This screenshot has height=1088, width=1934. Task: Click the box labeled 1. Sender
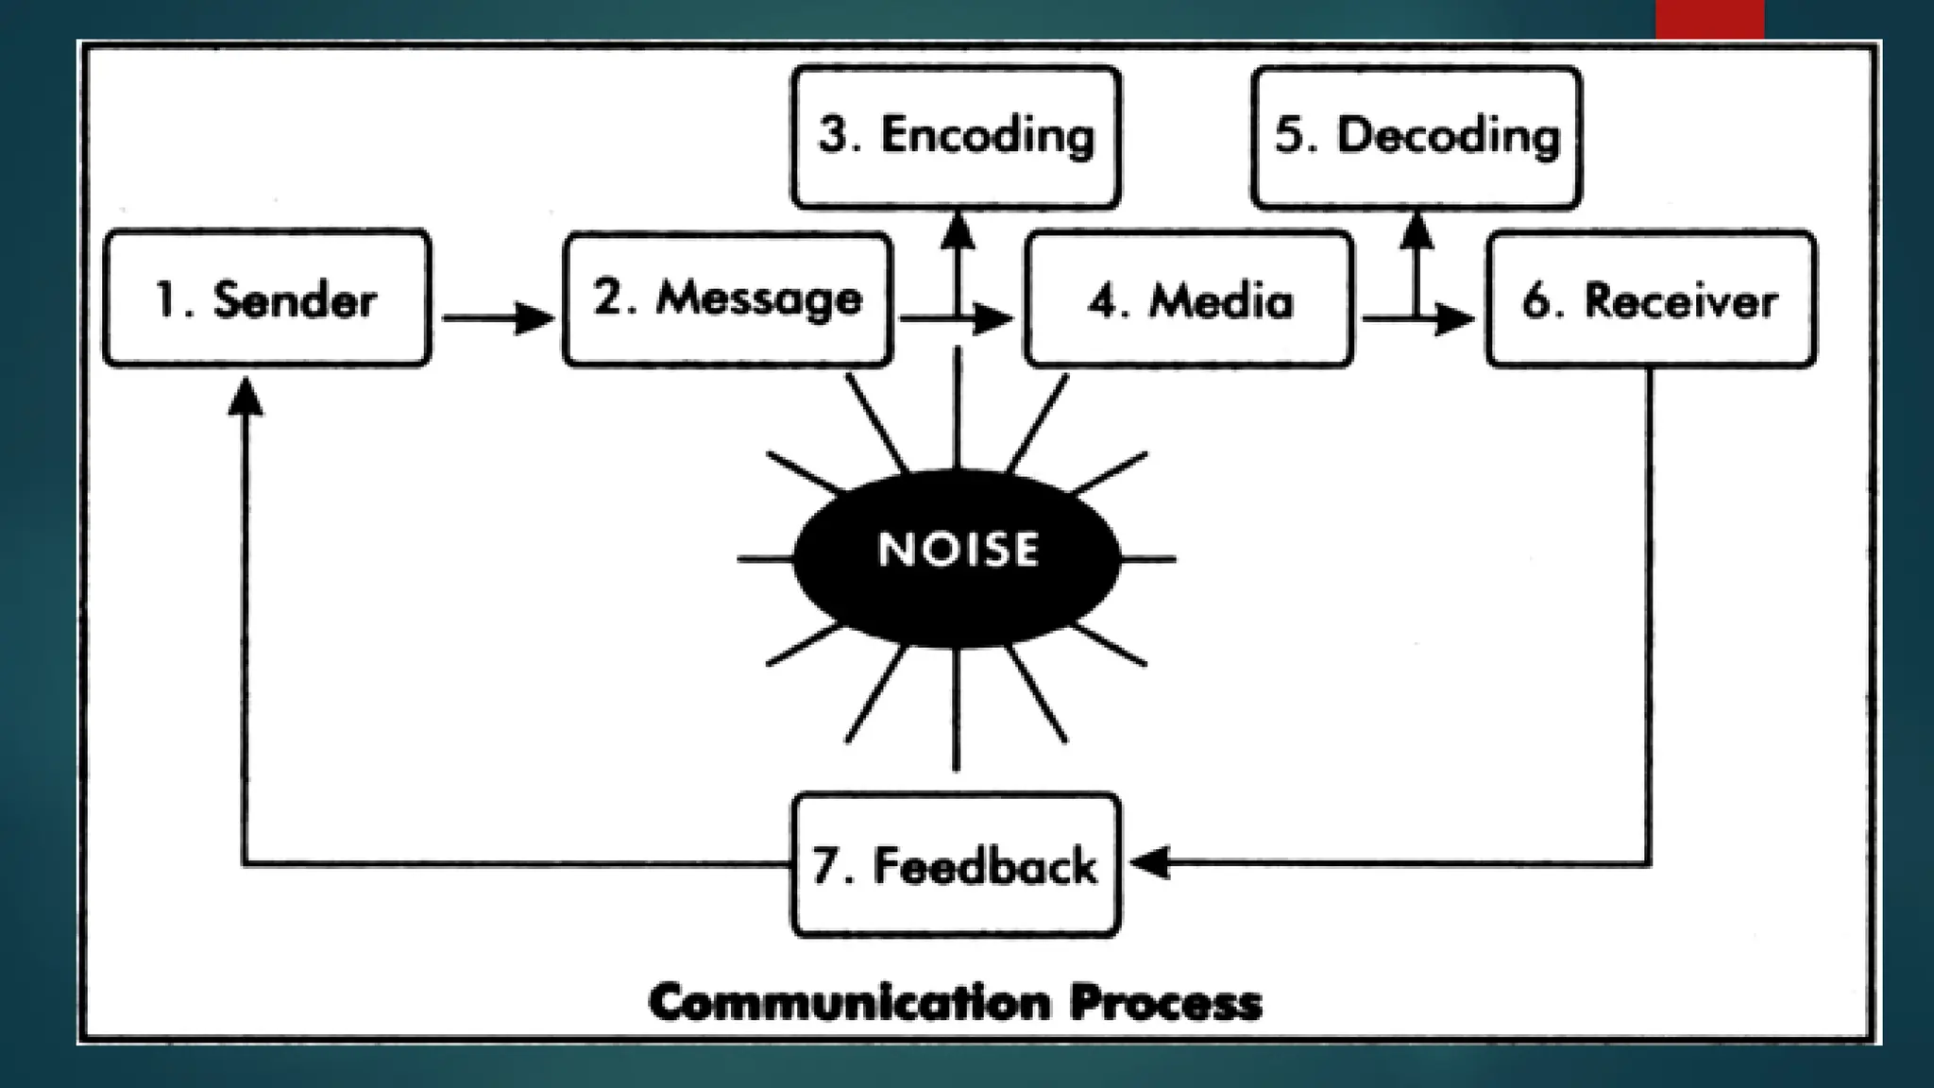(267, 298)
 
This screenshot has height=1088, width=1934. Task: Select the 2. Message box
(727, 298)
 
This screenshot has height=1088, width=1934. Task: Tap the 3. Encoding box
(956, 137)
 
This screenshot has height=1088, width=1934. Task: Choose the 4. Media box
(1189, 299)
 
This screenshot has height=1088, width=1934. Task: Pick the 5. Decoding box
(1416, 137)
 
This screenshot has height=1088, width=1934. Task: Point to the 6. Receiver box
(1650, 299)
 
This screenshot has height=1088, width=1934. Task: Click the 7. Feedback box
(956, 864)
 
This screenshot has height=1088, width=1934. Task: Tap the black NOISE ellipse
(957, 557)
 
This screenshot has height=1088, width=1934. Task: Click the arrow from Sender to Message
(497, 318)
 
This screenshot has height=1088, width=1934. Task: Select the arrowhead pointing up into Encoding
(958, 230)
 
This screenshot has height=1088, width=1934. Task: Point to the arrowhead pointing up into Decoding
(1416, 230)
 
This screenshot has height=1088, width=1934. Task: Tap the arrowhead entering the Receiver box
(1454, 319)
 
